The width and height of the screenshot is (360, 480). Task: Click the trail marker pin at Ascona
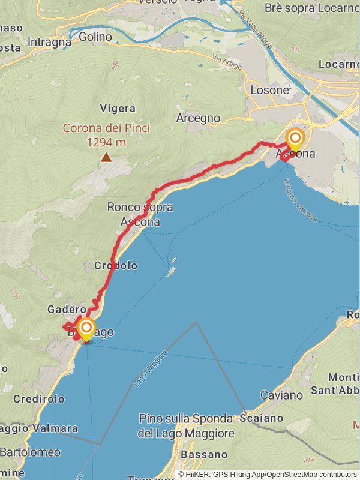tap(295, 140)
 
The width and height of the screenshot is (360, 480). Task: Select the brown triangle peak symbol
tap(106, 158)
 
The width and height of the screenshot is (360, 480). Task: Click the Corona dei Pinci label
tap(106, 128)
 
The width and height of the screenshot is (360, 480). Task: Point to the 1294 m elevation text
tap(106, 142)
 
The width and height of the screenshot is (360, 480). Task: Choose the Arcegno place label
tap(198, 118)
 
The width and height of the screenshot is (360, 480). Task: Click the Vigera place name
tap(118, 109)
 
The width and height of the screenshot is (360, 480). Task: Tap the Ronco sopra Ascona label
tap(140, 214)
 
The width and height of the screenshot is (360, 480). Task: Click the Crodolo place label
tap(116, 265)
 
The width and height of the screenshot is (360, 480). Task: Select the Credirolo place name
tap(38, 399)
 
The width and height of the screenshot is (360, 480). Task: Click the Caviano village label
tap(281, 395)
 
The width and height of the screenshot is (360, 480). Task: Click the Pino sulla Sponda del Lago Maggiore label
tap(185, 425)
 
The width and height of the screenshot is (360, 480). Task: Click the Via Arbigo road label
tap(227, 62)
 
